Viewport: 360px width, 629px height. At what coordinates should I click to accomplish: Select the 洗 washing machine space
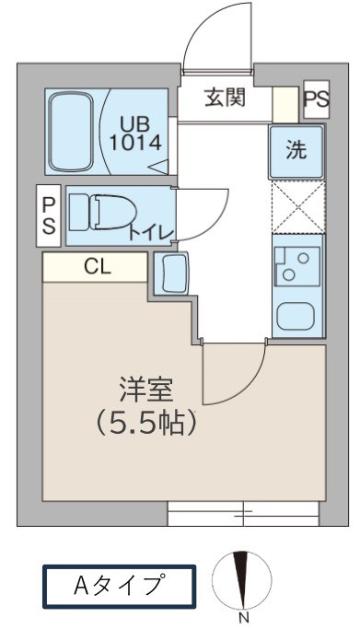click(296, 152)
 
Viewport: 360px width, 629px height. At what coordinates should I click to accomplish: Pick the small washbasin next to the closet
click(172, 274)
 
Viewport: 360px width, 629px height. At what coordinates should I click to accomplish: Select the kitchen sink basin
click(296, 316)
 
